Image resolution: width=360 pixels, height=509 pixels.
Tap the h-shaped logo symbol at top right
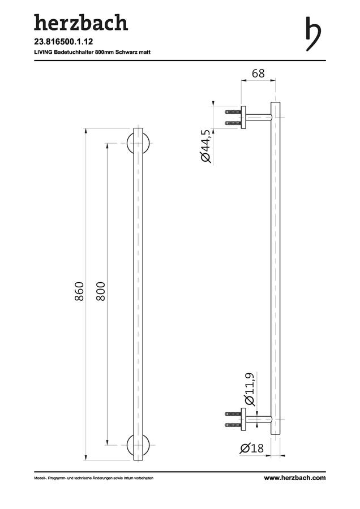point(314,34)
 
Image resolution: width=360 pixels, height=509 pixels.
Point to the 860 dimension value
point(79,291)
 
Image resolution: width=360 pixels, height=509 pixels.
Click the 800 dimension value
point(101,291)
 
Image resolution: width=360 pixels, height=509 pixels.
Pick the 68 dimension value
point(258,74)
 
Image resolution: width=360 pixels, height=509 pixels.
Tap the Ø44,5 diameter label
point(206,146)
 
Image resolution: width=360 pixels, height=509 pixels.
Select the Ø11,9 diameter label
point(250,389)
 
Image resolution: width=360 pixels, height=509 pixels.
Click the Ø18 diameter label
point(252,448)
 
